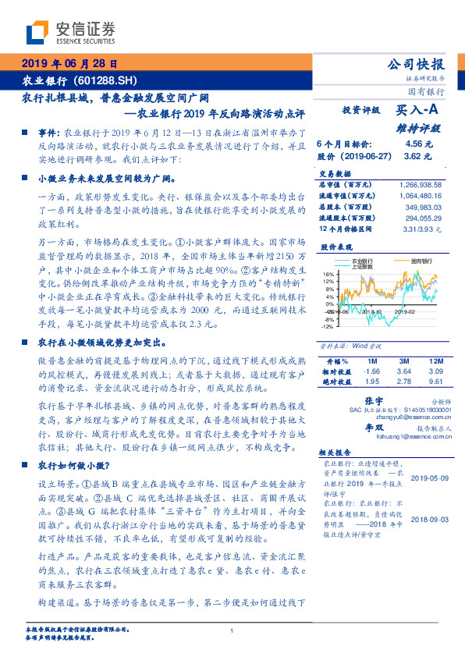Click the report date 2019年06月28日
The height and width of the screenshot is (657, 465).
coord(69,64)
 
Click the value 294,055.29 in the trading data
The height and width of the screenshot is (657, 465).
coord(428,220)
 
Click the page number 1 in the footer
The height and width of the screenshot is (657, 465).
coord(232,630)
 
